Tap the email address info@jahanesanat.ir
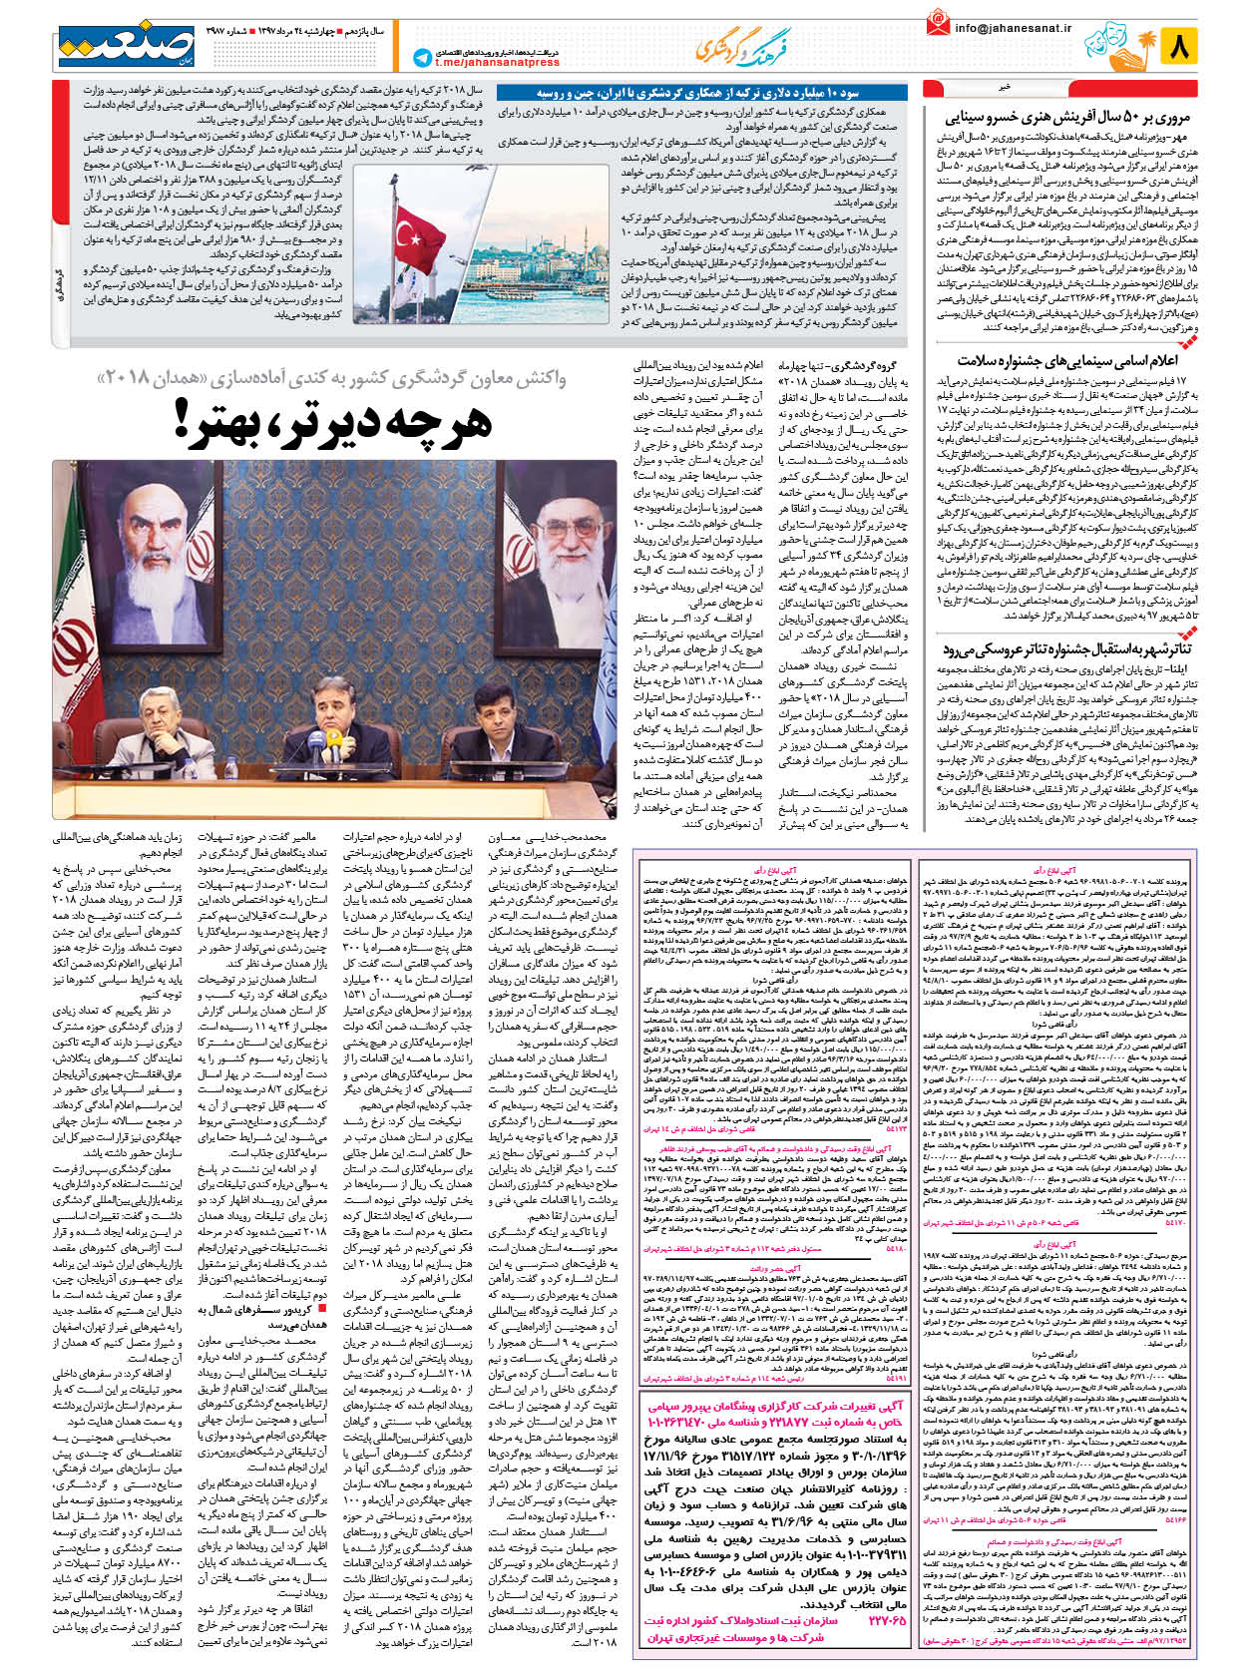pos(1012,29)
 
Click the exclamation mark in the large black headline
pos(186,420)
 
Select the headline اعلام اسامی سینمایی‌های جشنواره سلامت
pos(1067,360)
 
